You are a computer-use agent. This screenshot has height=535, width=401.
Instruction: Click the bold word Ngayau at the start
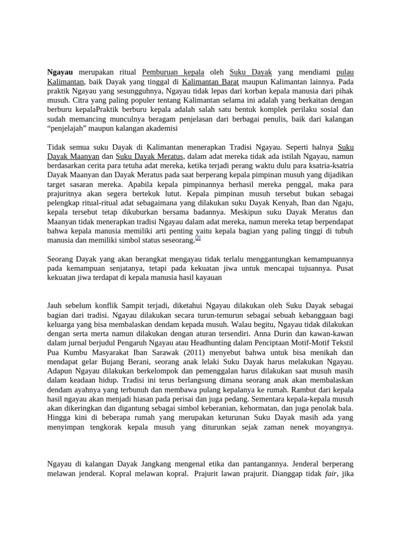[x=60, y=72]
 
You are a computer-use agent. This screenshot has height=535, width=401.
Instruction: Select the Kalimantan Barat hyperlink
[x=210, y=82]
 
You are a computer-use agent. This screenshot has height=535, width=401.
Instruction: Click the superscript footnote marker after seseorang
[x=198, y=238]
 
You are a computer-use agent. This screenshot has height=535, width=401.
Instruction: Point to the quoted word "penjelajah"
[x=70, y=128]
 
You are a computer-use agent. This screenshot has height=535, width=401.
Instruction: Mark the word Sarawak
[x=167, y=352]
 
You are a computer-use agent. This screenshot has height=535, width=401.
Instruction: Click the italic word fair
[x=331, y=473]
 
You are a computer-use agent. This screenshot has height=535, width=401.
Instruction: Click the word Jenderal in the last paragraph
[x=308, y=464]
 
